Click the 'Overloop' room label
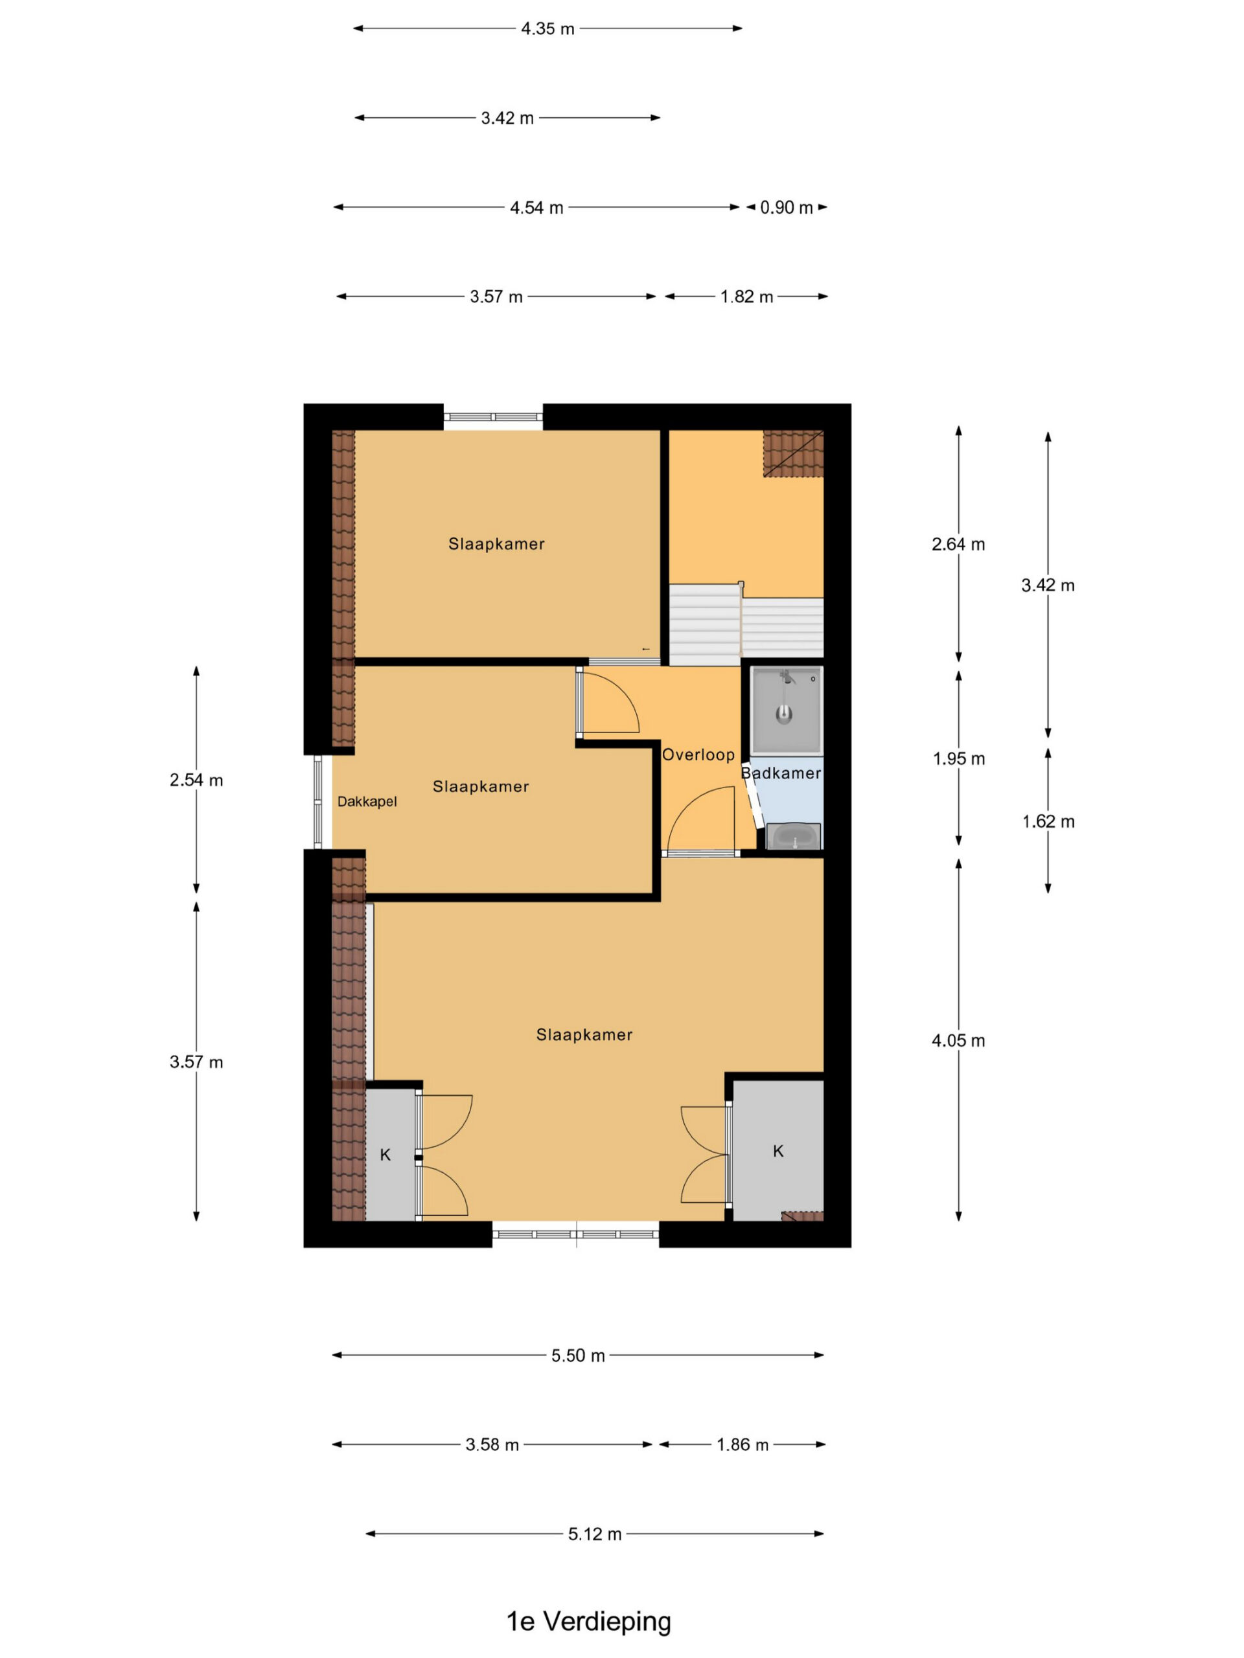pyautogui.click(x=697, y=755)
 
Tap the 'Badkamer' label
pyautogui.click(x=781, y=773)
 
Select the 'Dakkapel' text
pyautogui.click(x=367, y=801)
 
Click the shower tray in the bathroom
pyautogui.click(x=786, y=709)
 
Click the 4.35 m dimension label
pyautogui.click(x=547, y=28)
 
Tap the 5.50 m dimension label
pyautogui.click(x=577, y=1355)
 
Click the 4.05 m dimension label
pyautogui.click(x=958, y=1040)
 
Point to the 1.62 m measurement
pyautogui.click(x=1048, y=821)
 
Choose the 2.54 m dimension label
pyautogui.click(x=196, y=780)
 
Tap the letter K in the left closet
pyautogui.click(x=386, y=1154)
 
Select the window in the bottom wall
pyautogui.click(x=576, y=1234)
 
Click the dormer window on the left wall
pyautogui.click(x=317, y=801)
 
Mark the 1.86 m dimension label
pyautogui.click(x=743, y=1444)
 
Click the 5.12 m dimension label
pyautogui.click(x=594, y=1534)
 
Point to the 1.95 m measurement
pyautogui.click(x=958, y=758)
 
